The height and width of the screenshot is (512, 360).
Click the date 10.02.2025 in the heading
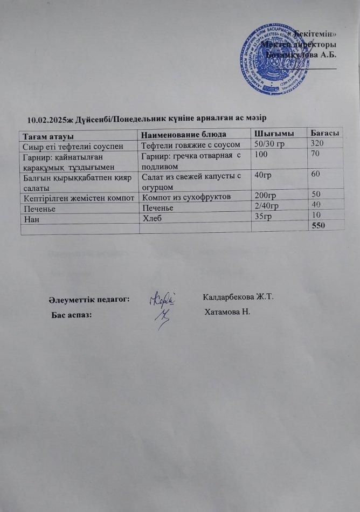tap(49, 118)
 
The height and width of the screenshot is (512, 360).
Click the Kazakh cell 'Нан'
tap(29, 219)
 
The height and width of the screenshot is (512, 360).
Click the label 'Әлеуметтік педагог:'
tap(88, 299)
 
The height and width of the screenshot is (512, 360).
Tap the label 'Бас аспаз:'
tap(71, 315)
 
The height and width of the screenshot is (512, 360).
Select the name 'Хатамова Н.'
tap(229, 313)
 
